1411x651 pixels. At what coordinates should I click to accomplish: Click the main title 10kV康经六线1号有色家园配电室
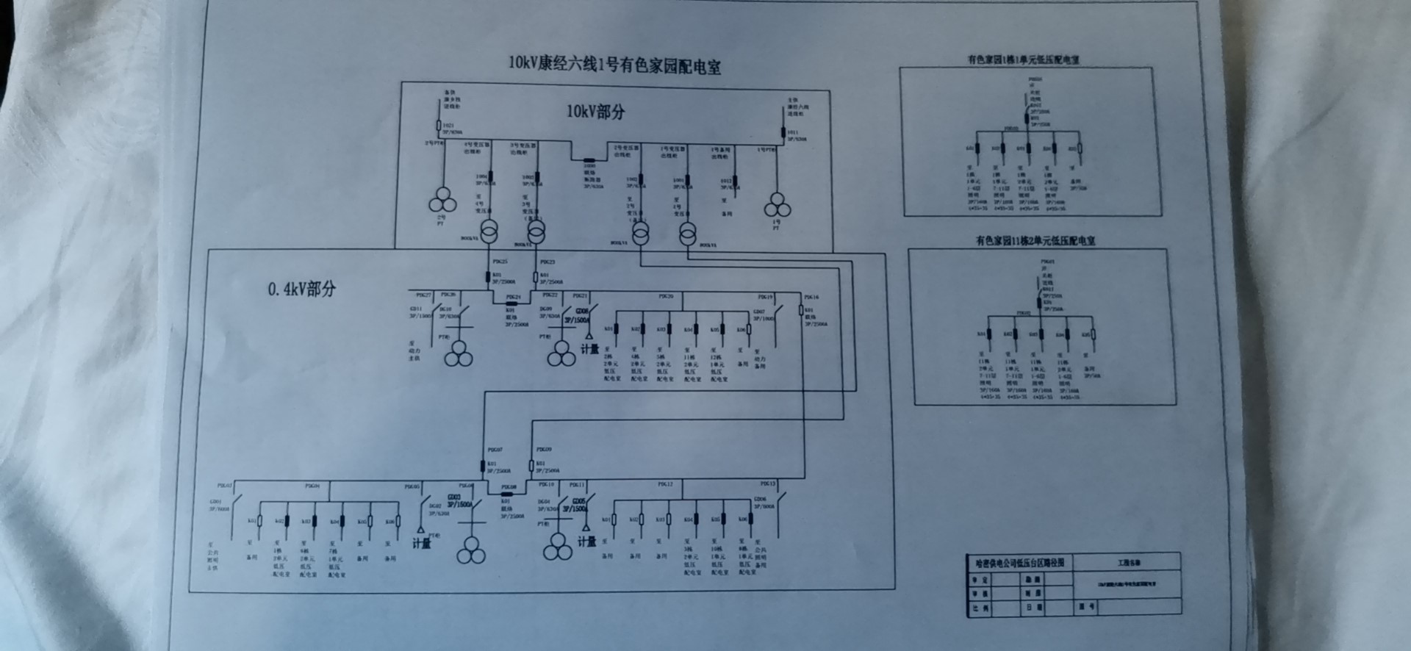point(614,65)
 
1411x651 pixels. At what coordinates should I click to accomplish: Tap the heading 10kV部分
point(595,112)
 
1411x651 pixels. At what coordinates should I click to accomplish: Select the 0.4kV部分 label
point(301,289)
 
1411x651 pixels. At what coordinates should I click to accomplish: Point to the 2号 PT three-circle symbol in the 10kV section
point(442,199)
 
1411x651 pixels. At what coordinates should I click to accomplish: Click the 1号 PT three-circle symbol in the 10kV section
point(777,205)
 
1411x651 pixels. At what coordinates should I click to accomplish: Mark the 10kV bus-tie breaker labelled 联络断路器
point(589,159)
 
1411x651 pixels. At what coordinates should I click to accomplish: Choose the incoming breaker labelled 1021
point(439,126)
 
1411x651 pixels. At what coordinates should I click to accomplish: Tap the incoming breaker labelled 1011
point(783,132)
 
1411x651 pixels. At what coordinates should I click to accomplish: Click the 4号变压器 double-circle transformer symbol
point(489,231)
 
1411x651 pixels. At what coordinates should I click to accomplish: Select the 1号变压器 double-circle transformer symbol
point(687,234)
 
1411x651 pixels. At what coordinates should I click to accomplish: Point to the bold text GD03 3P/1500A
point(460,501)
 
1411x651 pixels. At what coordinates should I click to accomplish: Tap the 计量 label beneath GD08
point(589,350)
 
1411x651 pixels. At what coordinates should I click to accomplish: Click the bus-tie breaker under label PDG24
point(512,303)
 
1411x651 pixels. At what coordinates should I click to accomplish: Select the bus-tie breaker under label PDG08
point(507,494)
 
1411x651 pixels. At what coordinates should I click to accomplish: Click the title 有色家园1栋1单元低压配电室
point(1023,60)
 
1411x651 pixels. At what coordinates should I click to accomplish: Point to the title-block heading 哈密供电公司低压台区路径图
point(1019,563)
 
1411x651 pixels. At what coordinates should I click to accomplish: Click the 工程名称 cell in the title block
point(1129,563)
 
